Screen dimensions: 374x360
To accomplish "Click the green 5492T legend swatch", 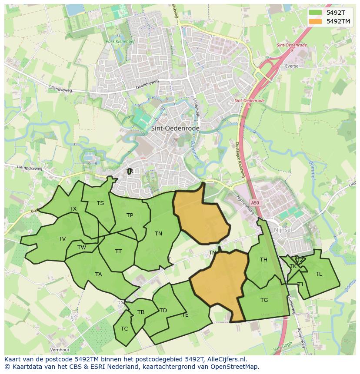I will pyautogui.click(x=316, y=13).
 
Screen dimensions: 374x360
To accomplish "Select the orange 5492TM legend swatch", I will pyautogui.click(x=316, y=21).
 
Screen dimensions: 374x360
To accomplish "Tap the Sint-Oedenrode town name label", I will pyautogui.click(x=175, y=129).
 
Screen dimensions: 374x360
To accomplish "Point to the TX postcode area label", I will pyautogui.click(x=73, y=209).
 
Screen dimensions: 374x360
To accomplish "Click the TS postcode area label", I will pyautogui.click(x=100, y=203).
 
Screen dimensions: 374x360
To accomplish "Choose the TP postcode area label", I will pyautogui.click(x=130, y=215).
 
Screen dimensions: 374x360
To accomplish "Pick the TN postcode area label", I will pyautogui.click(x=158, y=234).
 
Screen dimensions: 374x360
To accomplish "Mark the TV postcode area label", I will pyautogui.click(x=62, y=239).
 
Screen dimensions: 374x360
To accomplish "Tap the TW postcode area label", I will pyautogui.click(x=82, y=248).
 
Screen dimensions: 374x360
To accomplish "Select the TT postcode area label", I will pyautogui.click(x=118, y=252).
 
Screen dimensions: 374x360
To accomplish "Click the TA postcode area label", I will pyautogui.click(x=98, y=275).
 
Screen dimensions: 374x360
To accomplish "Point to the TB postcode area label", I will pyautogui.click(x=141, y=312).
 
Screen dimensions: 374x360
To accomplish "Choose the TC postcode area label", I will pyautogui.click(x=124, y=329).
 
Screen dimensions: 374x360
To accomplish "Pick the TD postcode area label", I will pyautogui.click(x=163, y=311).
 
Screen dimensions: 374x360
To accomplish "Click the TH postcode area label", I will pyautogui.click(x=263, y=260).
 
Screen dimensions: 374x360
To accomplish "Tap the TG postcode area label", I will pyautogui.click(x=264, y=300).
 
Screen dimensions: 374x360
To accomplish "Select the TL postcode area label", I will pyautogui.click(x=319, y=274).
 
